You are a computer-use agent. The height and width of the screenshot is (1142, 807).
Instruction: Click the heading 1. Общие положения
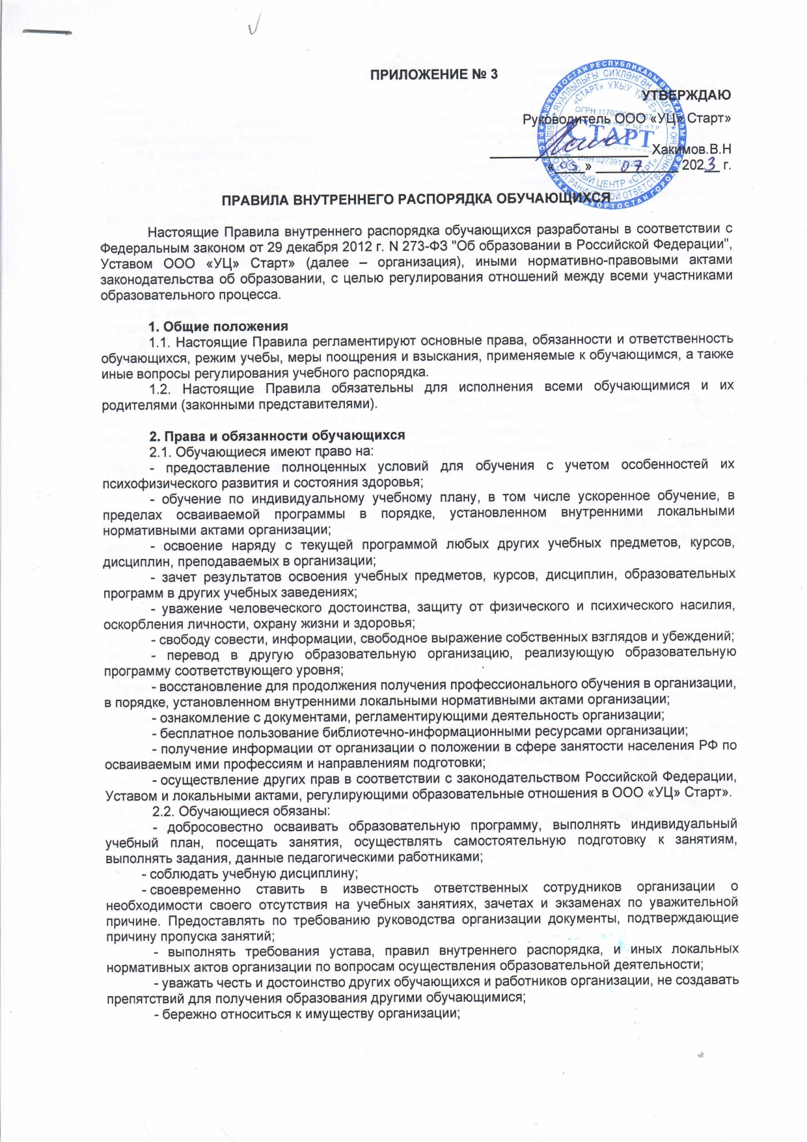click(x=218, y=326)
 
